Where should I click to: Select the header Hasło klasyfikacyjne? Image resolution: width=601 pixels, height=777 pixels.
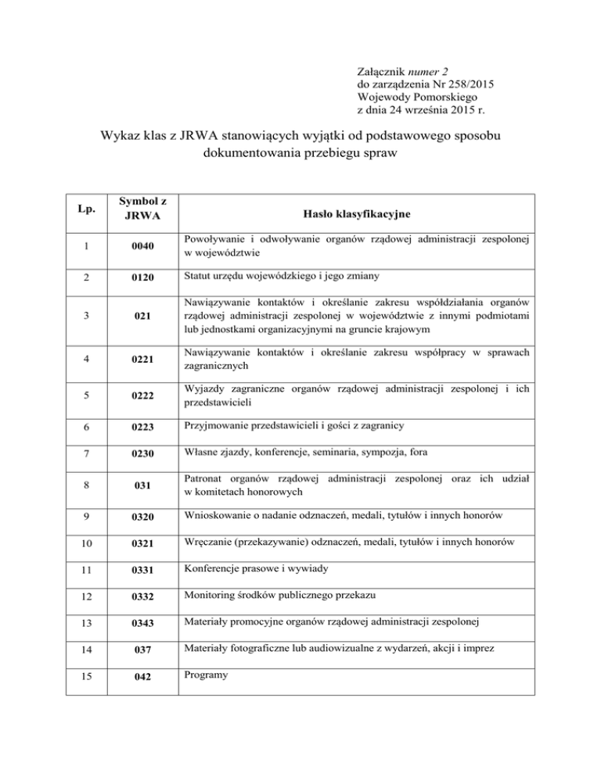click(358, 213)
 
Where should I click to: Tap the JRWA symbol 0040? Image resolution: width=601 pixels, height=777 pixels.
click(144, 247)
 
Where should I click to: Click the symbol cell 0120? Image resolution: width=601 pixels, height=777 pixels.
click(144, 277)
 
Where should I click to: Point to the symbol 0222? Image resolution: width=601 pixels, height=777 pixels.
click(144, 396)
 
